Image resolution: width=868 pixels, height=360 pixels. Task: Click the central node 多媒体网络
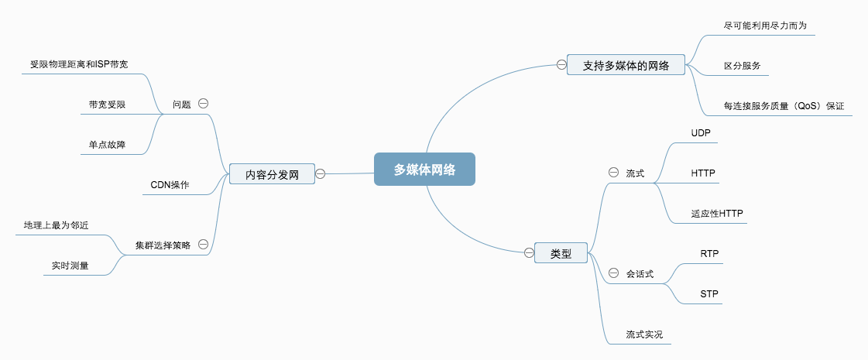click(x=424, y=170)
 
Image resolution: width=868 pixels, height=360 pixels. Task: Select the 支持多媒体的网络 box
click(x=626, y=64)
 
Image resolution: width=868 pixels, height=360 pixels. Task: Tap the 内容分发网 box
click(x=272, y=175)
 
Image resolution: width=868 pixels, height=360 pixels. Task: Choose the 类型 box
click(x=561, y=252)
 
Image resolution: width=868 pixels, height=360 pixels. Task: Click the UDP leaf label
click(x=701, y=133)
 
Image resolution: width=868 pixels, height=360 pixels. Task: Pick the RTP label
click(x=709, y=253)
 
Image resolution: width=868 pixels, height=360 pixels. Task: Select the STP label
click(x=709, y=294)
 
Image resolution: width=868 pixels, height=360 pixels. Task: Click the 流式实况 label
click(x=644, y=334)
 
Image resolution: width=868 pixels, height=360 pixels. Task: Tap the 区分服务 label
click(x=742, y=66)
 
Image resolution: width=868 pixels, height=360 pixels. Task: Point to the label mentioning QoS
click(x=784, y=106)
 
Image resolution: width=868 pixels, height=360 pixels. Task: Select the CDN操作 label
click(x=170, y=185)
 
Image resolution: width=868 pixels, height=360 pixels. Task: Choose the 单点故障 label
click(x=107, y=144)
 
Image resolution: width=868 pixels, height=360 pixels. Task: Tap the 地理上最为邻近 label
click(x=57, y=225)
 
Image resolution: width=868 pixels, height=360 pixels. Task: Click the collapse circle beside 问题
click(x=203, y=103)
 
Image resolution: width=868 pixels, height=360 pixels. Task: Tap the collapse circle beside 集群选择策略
click(x=203, y=244)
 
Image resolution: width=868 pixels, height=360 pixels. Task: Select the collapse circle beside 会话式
click(x=613, y=273)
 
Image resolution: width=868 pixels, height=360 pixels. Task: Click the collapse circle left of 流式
click(x=613, y=173)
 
